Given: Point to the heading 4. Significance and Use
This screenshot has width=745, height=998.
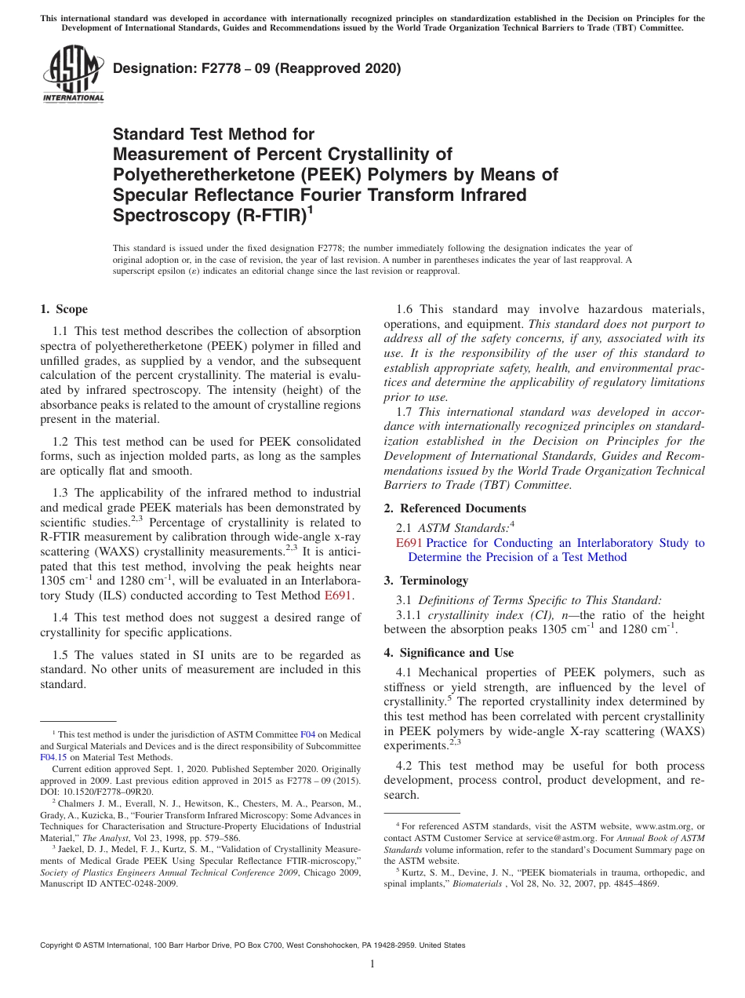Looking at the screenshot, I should (x=449, y=653).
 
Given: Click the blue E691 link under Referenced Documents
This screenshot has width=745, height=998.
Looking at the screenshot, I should (x=409, y=543).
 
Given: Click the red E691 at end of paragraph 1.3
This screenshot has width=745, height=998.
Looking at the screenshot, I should (x=338, y=595).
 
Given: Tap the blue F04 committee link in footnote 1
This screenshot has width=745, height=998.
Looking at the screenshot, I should (x=309, y=734).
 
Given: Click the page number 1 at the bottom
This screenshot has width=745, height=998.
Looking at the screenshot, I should (x=372, y=963).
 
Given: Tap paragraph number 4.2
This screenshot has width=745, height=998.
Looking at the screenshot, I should (x=404, y=766).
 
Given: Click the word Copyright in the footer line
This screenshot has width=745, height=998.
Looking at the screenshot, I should (x=58, y=945).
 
